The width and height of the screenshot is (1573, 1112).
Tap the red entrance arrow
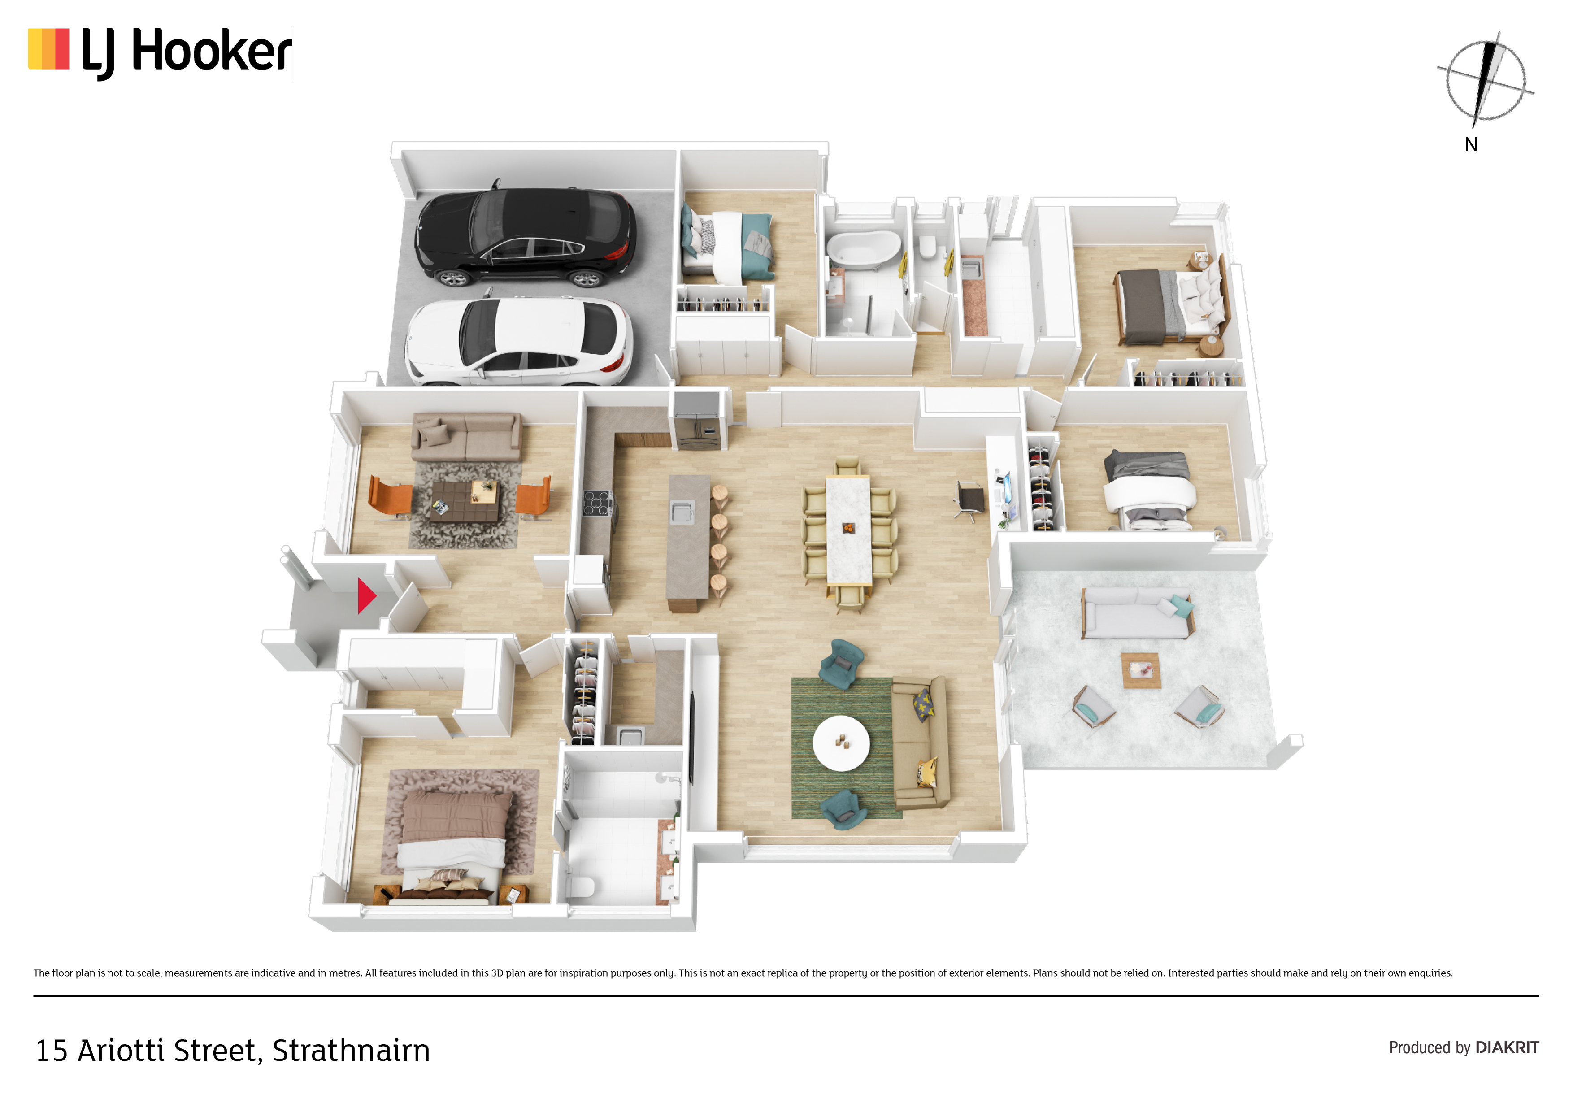pyautogui.click(x=366, y=595)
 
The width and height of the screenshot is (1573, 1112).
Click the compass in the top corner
pyautogui.click(x=1485, y=81)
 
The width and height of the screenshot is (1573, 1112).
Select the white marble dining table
pyautogui.click(x=848, y=529)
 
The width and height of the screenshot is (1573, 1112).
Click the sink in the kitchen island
pyautogui.click(x=682, y=511)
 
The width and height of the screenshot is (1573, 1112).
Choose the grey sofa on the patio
pyautogui.click(x=1138, y=612)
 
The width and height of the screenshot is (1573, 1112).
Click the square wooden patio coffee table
pyautogui.click(x=1141, y=670)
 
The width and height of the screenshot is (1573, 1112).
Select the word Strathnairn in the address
pyautogui.click(x=351, y=1050)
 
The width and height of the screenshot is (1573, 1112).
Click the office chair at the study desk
pyautogui.click(x=969, y=500)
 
